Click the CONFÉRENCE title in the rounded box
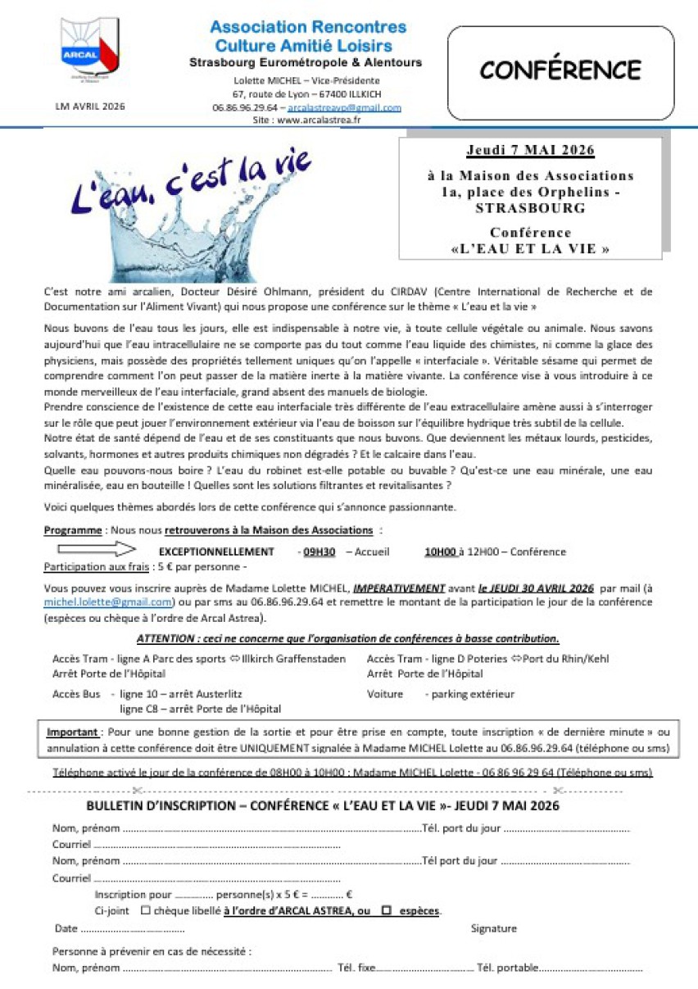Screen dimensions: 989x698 click(560, 70)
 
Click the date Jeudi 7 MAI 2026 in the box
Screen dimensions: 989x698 click(530, 151)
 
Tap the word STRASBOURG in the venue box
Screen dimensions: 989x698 click(530, 208)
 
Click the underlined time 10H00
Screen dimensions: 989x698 click(441, 552)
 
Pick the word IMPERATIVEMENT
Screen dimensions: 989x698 click(399, 588)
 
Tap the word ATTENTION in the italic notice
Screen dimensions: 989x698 click(162, 639)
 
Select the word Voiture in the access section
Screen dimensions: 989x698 click(385, 694)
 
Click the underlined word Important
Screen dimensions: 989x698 click(73, 732)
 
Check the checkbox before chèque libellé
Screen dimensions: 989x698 click(145, 910)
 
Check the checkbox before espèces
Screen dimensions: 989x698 click(386, 910)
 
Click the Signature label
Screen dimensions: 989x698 click(493, 928)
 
